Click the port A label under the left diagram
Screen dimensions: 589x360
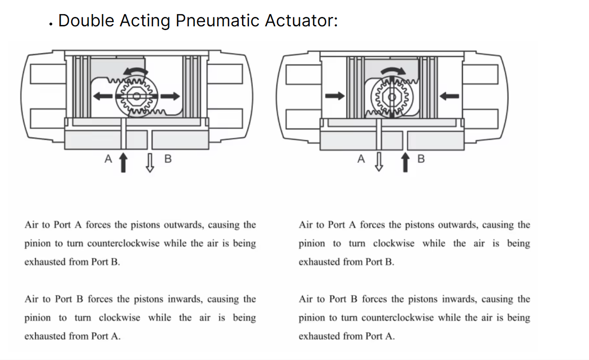(108, 159)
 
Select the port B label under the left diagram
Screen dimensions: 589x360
(168, 159)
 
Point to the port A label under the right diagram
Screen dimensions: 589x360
(361, 159)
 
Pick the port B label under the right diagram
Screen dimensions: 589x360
(421, 159)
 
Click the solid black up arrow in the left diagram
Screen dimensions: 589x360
(123, 163)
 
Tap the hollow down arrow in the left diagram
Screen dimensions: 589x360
(150, 163)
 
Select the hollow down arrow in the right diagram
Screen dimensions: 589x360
(379, 162)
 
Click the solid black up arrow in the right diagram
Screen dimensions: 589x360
(405, 162)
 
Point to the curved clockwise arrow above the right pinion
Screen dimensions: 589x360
(393, 70)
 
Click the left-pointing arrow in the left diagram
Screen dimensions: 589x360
(103, 96)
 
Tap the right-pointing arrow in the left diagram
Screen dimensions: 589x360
(170, 96)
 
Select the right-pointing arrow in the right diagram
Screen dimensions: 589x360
(335, 96)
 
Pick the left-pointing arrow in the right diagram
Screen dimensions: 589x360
(449, 96)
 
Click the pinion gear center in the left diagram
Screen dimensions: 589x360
(137, 96)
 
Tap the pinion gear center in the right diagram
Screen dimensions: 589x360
(392, 97)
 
